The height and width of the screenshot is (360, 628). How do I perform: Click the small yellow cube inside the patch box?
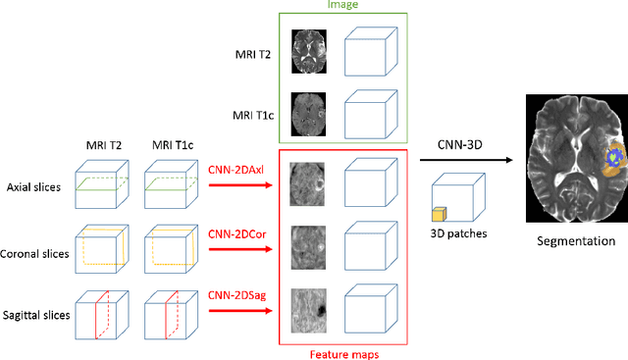441,213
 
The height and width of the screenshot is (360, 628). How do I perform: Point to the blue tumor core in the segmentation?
615,155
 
